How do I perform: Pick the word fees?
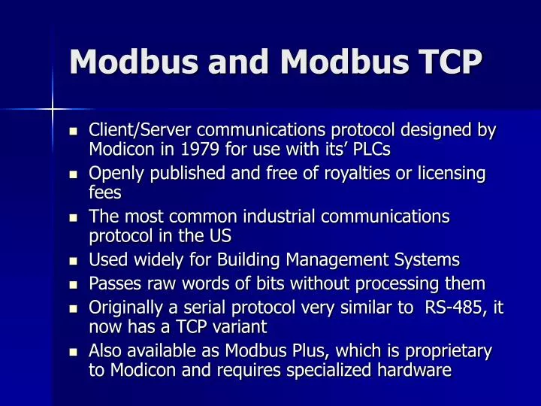pos(105,192)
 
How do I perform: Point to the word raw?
pos(155,283)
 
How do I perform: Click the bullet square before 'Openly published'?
pos(74,174)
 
